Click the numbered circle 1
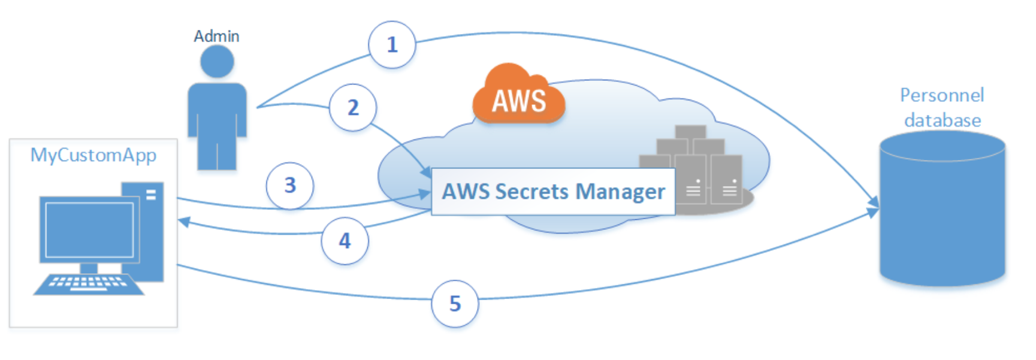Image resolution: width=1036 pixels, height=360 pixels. [x=392, y=45]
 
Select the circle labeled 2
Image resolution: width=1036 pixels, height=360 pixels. [x=353, y=108]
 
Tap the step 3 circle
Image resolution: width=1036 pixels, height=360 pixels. [x=290, y=186]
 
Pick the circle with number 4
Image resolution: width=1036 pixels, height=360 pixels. [x=345, y=241]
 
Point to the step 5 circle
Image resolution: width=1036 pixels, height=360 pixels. [x=455, y=304]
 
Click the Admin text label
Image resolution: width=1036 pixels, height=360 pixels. [x=216, y=37]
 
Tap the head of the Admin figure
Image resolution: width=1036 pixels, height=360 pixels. [x=217, y=62]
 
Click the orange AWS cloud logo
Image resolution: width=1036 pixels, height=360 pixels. [x=519, y=94]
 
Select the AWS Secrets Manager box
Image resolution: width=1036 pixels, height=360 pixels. [x=553, y=192]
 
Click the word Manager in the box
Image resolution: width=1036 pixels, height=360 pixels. [x=620, y=192]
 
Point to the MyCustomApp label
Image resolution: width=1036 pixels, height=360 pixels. [x=93, y=156]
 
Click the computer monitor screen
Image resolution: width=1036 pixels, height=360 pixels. [x=89, y=230]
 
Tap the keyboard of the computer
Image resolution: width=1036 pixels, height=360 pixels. [x=89, y=285]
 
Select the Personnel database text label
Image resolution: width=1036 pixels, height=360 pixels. [x=943, y=108]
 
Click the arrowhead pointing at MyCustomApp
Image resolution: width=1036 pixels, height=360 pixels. [x=184, y=222]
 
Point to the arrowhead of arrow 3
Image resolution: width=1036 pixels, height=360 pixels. [x=424, y=193]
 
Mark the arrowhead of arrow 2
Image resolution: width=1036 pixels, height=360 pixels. [x=426, y=172]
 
